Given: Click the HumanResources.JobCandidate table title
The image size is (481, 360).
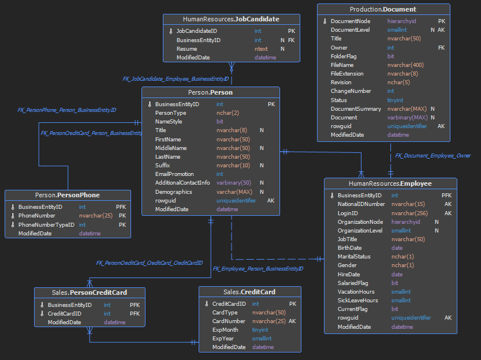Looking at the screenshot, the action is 231,19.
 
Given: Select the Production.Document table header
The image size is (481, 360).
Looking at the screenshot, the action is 383,9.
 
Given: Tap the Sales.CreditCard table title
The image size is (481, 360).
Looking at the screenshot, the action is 249,292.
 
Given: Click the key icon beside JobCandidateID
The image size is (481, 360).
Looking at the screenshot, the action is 171,31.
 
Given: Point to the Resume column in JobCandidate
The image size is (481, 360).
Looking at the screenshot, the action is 187,48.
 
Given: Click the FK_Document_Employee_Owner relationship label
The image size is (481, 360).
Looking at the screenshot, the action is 433,156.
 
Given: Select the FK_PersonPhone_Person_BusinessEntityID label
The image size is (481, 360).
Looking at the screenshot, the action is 67,110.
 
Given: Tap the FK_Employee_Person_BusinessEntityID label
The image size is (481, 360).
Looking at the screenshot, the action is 258,269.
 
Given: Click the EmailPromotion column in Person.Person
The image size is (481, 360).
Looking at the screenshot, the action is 174,174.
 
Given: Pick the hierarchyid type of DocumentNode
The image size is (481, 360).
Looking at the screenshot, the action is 401,21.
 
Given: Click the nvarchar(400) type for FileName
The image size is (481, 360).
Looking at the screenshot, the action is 405,65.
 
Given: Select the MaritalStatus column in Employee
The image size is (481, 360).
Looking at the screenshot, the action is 354,257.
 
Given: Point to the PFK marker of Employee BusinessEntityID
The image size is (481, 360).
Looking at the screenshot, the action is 446,195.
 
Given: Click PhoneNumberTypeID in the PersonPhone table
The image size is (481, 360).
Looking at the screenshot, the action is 46,224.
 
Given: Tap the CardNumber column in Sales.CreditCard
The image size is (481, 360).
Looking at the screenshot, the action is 229,321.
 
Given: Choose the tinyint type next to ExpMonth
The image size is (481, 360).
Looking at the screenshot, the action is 260,329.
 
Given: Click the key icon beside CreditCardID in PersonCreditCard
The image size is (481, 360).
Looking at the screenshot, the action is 42,313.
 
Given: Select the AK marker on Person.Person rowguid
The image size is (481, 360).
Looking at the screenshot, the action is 271,200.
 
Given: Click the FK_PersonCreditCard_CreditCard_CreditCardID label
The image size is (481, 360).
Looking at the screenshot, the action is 150,263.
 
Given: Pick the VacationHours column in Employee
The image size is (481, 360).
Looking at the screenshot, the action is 356,292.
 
